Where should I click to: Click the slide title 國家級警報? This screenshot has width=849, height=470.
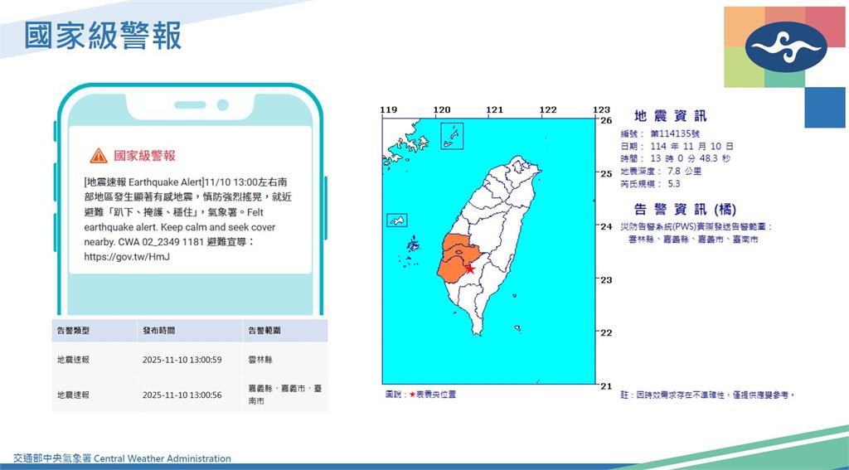pyautogui.click(x=103, y=36)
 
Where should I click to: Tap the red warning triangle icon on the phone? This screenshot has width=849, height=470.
pyautogui.click(x=99, y=155)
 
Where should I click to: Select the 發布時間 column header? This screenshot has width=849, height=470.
pyautogui.click(x=158, y=331)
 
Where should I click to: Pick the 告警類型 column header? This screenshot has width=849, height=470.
pyautogui.click(x=73, y=331)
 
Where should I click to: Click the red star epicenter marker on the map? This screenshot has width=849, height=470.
pyautogui.click(x=470, y=269)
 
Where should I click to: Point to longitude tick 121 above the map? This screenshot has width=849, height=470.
pyautogui.click(x=494, y=110)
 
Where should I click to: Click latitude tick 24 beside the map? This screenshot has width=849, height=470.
pyautogui.click(x=605, y=226)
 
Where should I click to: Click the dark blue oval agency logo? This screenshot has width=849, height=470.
pyautogui.click(x=785, y=46)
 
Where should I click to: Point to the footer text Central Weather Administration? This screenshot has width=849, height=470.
pyautogui.click(x=163, y=458)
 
